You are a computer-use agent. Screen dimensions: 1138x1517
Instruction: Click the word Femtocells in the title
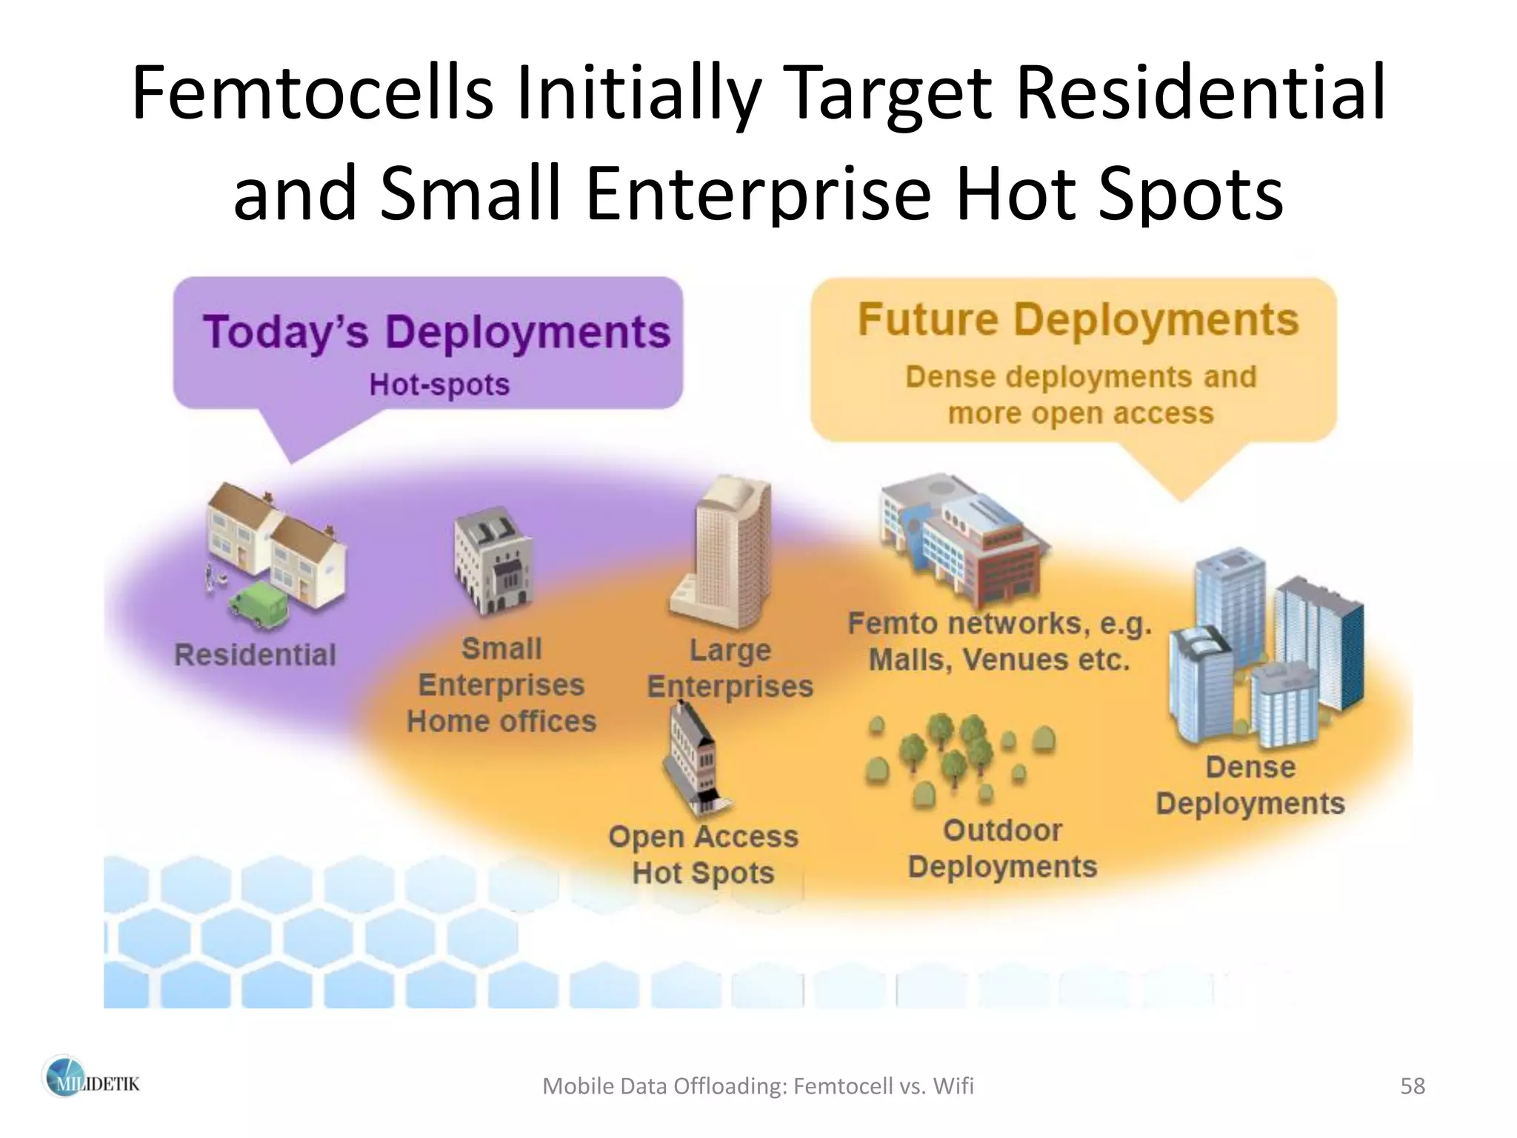click(312, 93)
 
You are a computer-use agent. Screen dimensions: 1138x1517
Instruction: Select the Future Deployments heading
click(1078, 319)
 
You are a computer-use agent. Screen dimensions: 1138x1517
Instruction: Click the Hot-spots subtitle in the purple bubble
click(439, 385)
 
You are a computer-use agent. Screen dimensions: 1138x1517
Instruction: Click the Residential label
click(255, 655)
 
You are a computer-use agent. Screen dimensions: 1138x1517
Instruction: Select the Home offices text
click(501, 721)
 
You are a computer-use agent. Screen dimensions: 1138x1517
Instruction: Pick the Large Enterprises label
click(730, 668)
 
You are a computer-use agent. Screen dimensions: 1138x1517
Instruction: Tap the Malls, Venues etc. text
click(999, 659)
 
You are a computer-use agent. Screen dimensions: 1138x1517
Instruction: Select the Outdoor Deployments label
click(1002, 848)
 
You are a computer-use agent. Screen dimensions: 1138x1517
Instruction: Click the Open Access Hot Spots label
click(703, 854)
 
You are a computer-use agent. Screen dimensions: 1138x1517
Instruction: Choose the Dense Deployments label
click(1250, 785)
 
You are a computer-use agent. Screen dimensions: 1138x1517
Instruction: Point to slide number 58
click(1413, 1086)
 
